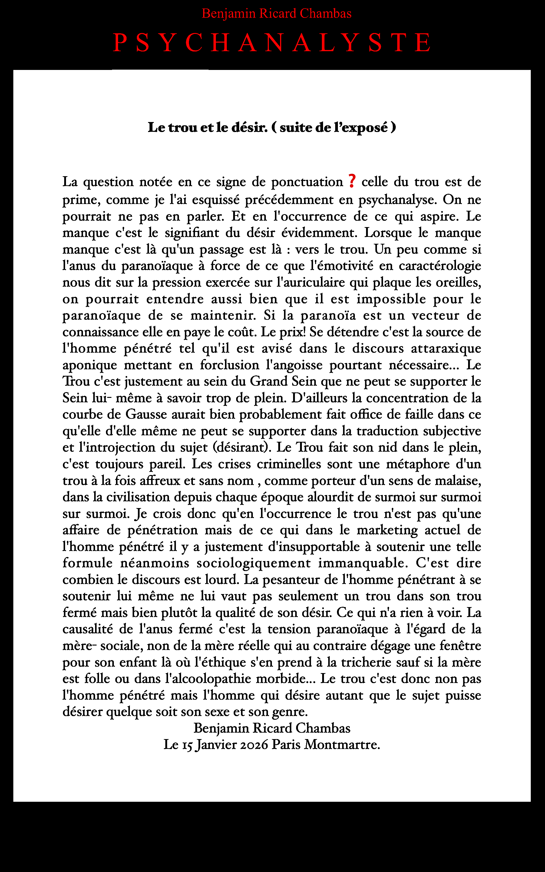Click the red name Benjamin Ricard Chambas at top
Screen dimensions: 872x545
tap(276, 14)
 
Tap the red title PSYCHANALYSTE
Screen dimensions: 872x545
tap(272, 42)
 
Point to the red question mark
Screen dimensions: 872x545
tap(352, 181)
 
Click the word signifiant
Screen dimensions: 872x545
tap(192, 233)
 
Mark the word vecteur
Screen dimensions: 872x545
tap(435, 315)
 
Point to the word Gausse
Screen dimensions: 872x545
tap(146, 415)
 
